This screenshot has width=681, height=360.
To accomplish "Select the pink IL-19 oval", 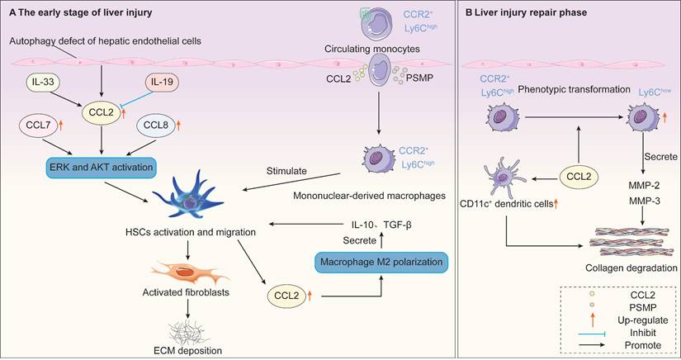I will [163, 83].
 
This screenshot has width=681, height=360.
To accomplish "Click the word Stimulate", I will [287, 173].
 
